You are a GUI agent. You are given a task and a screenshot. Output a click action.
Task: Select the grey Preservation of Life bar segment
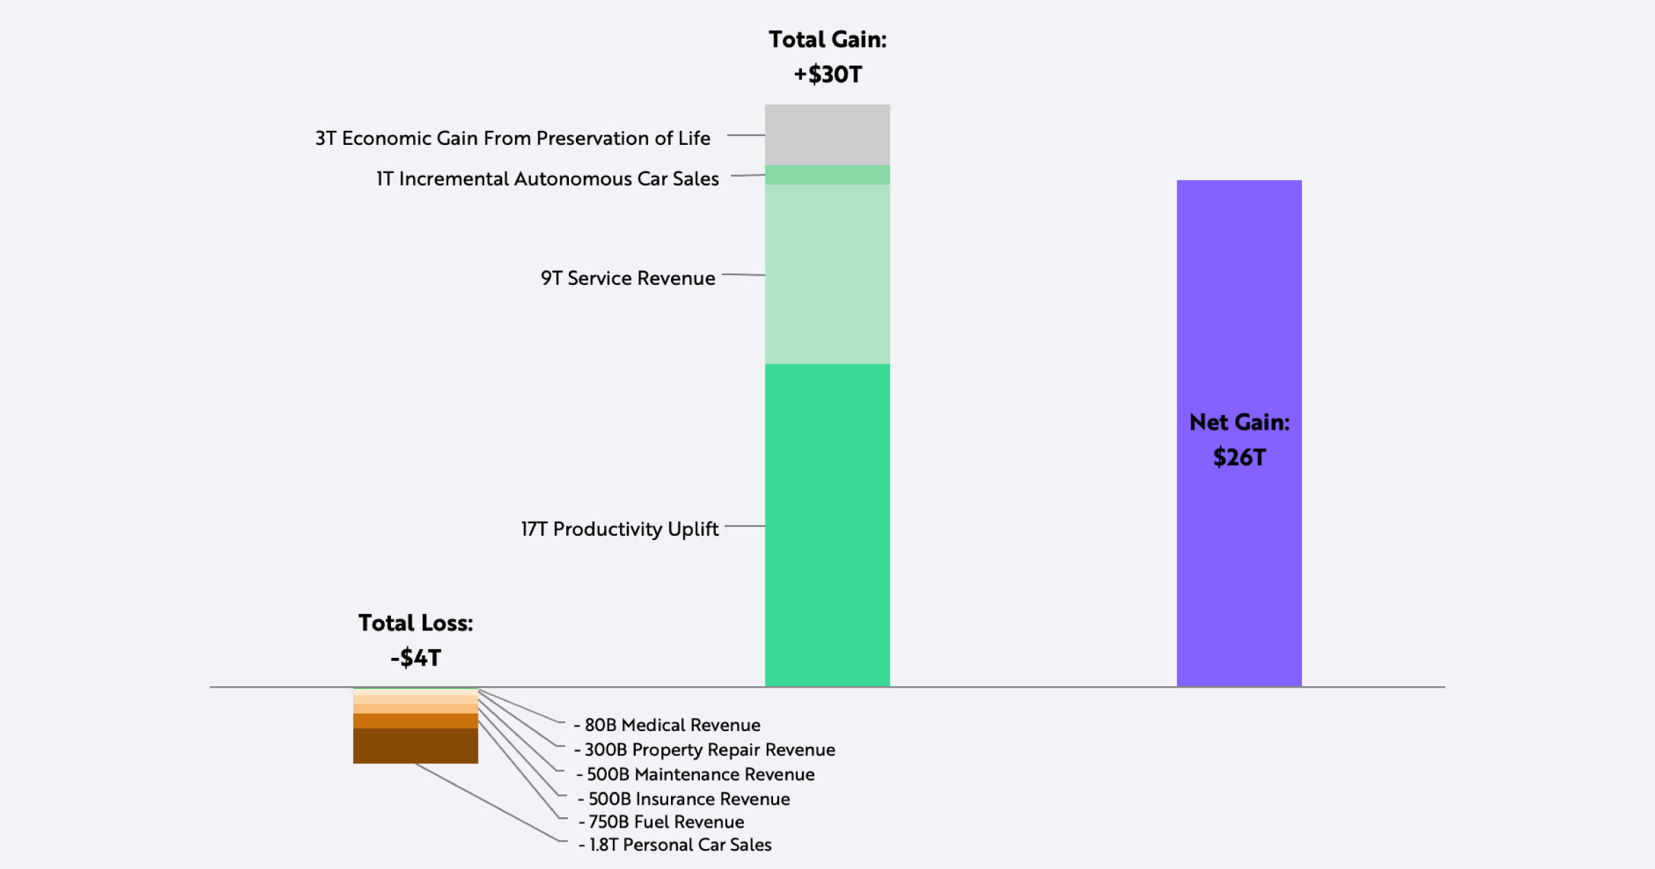pos(827,134)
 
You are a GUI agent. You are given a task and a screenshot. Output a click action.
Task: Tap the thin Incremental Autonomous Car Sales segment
pos(827,174)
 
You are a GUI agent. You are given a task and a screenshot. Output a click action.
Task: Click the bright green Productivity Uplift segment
pos(827,524)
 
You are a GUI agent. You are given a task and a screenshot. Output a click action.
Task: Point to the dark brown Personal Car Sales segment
pos(415,746)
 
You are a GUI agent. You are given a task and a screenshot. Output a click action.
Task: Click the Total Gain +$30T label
pos(827,57)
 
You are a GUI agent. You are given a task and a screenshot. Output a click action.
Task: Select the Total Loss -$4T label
pos(416,640)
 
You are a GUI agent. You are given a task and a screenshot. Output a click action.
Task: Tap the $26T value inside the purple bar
pos(1239,457)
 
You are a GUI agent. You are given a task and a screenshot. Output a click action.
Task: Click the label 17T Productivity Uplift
pos(619,529)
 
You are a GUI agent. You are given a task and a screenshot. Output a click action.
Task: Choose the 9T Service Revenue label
pos(628,278)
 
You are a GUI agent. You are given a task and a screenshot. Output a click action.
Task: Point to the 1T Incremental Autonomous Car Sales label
pos(548,179)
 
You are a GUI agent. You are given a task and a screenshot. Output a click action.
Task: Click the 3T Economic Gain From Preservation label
pos(512,138)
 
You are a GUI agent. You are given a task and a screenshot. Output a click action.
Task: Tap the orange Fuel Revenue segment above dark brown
pos(415,721)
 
